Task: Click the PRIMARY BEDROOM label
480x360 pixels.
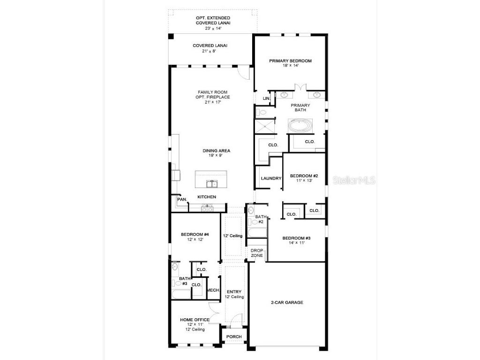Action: pos(290,60)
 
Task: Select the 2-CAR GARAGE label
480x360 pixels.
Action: pos(286,302)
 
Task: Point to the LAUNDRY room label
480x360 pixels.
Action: pos(271,178)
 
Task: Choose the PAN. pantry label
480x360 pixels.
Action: pos(182,200)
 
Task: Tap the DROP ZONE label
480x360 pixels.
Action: pos(256,253)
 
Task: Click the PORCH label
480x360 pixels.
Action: pos(234,337)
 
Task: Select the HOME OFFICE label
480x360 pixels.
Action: pos(195,320)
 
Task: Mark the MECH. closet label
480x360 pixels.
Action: pos(213,290)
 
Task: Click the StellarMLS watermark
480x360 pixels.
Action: pos(354,180)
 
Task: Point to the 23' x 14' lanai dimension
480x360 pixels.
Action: pos(213,28)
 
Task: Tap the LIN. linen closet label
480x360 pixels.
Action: pos(266,98)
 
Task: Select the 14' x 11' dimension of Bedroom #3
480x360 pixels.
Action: pos(296,243)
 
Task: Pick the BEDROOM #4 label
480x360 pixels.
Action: pos(195,234)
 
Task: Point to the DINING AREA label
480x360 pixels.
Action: pos(216,150)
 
